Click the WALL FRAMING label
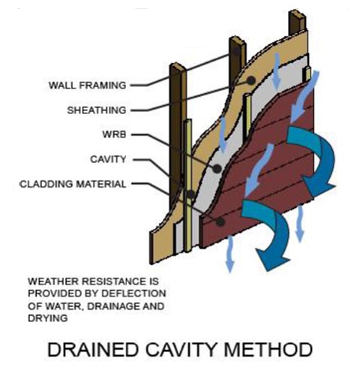tap(87, 86)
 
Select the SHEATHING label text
tap(97, 110)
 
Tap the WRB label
tap(114, 134)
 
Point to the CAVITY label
tap(108, 159)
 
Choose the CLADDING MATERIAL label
tap(73, 184)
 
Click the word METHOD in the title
tap(268, 350)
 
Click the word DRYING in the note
tap(48, 318)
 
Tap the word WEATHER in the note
tap(53, 281)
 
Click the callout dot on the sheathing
tap(251, 80)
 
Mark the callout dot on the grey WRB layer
tap(217, 169)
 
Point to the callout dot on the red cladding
tap(220, 221)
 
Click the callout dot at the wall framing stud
tap(236, 51)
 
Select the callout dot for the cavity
tap(191, 194)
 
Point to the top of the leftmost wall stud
tap(178, 67)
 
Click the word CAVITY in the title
tap(181, 350)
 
